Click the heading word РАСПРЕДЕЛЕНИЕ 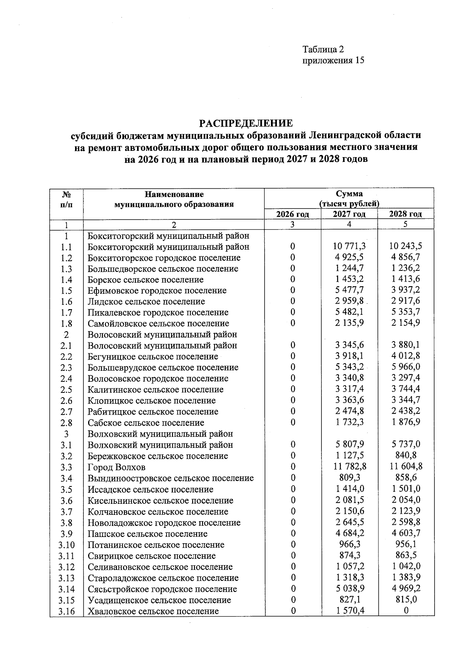click(246, 124)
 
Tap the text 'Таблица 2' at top click(323, 49)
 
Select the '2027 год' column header click(349, 214)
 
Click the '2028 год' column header click(406, 214)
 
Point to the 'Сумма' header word click(349, 194)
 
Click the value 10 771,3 click(349, 246)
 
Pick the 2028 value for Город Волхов click(406, 466)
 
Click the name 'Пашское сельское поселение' click(147, 534)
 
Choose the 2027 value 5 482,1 click(349, 312)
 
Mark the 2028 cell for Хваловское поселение click(406, 611)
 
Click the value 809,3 click(349, 478)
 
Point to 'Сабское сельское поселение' click(146, 423)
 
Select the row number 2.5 click(66, 390)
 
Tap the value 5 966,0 click(406, 367)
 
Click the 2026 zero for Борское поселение click(293, 280)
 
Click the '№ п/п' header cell click(66, 199)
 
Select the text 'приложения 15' click(333, 60)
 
